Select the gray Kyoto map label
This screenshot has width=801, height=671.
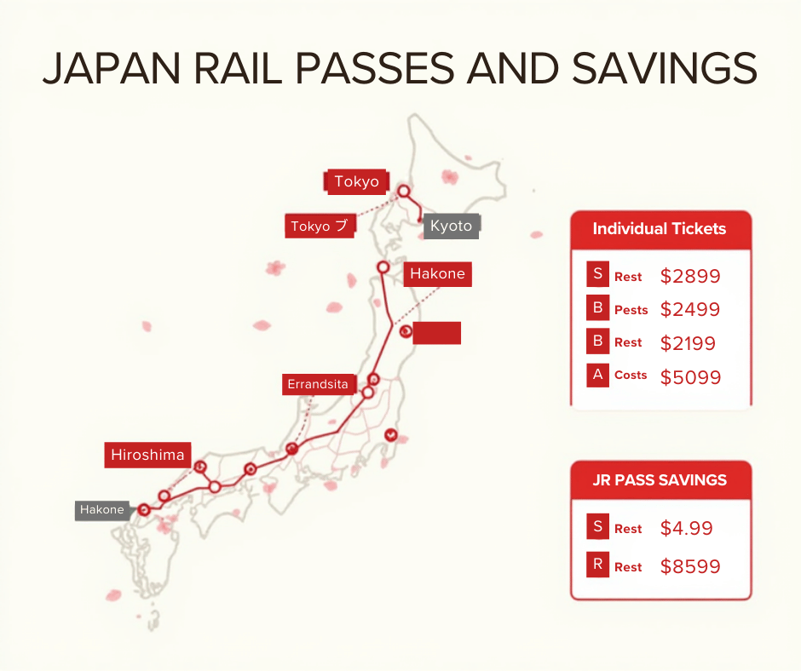[x=451, y=226]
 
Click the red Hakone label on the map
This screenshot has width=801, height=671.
[x=437, y=274]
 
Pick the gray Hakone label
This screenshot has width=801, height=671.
[x=102, y=510]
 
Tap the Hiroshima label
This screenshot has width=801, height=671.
[x=147, y=455]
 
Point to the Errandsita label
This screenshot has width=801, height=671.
[x=317, y=385]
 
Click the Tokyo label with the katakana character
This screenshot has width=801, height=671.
[x=320, y=226]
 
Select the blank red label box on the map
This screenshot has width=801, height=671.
[x=436, y=333]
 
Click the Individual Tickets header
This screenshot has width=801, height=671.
[x=660, y=228]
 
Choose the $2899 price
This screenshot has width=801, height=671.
[x=690, y=276]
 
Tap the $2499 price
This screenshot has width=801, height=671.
[x=690, y=310]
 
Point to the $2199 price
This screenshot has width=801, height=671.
[x=688, y=343]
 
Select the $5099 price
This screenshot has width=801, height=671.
[x=690, y=376]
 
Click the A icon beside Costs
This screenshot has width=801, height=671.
[x=598, y=375]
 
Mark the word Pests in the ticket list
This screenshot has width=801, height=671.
[x=631, y=310]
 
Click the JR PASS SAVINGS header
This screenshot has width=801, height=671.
[x=660, y=479]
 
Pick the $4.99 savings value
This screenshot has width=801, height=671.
[x=686, y=528]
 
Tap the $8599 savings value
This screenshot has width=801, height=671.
[x=690, y=567]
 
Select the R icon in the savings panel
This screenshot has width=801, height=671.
[x=598, y=565]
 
